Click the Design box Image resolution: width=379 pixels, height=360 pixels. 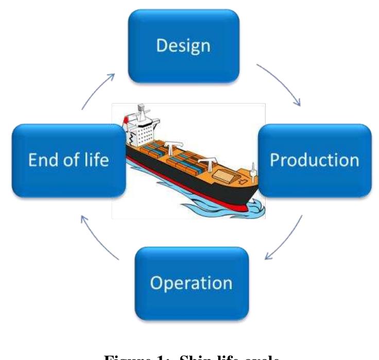pyautogui.click(x=184, y=46)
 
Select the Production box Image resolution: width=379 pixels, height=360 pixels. pyautogui.click(x=315, y=160)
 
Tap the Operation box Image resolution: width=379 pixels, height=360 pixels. pyautogui.click(x=191, y=283)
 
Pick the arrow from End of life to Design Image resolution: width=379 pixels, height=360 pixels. pyautogui.click(x=98, y=90)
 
